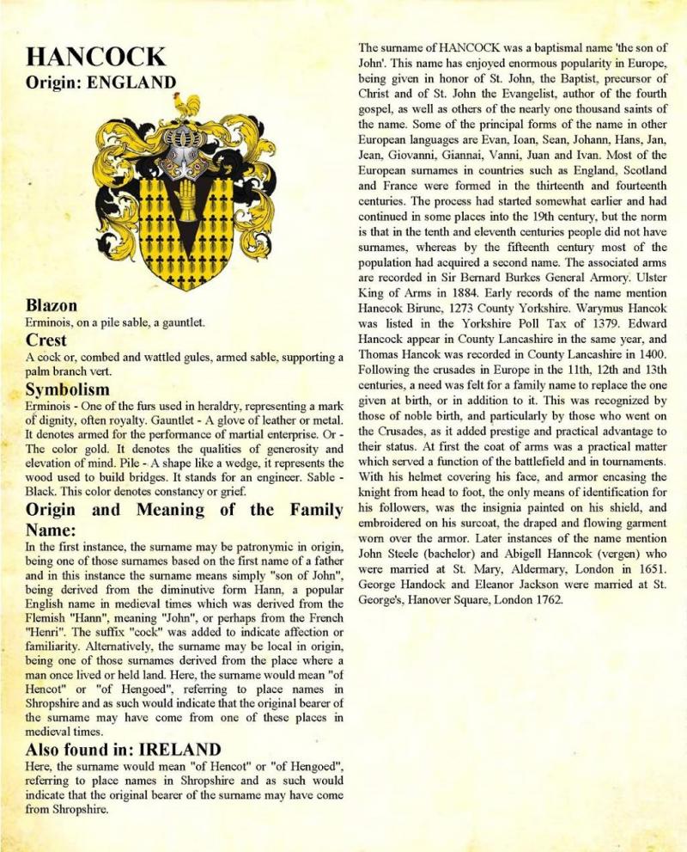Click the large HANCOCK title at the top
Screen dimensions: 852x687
tap(96, 58)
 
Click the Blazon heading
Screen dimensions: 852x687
tap(52, 306)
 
